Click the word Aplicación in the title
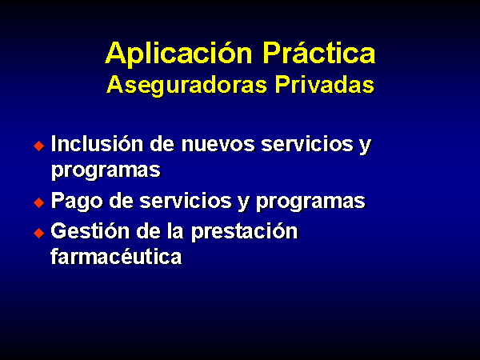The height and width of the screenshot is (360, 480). click(178, 54)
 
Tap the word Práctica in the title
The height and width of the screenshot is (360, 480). click(319, 53)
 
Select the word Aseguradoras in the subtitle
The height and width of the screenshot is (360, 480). click(186, 86)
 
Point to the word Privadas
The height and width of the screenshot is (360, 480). click(325, 84)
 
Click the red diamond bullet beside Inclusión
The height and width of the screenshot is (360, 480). click(39, 146)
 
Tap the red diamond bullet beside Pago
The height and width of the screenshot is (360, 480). click(39, 202)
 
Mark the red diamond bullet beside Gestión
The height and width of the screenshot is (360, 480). click(39, 233)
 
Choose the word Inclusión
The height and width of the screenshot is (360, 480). click(97, 143)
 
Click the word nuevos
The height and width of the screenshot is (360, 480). click(218, 144)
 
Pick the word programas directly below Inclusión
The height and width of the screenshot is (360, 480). click(106, 170)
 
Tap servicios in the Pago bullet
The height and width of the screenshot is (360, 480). click(186, 201)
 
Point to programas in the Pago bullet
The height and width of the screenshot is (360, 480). click(310, 202)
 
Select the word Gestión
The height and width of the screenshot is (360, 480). click(90, 231)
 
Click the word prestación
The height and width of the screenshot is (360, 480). click(244, 232)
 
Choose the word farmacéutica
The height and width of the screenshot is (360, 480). click(116, 256)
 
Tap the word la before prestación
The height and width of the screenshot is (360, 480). click(175, 231)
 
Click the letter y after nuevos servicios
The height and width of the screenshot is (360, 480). click(366, 146)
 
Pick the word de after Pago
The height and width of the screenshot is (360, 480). click(122, 201)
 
